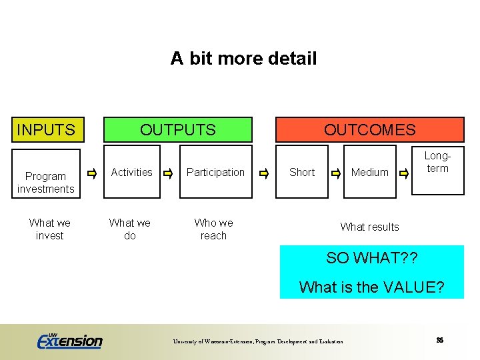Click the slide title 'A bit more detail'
tap(243, 59)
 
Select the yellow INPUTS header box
tap(46, 129)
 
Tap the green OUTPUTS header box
tap(177, 129)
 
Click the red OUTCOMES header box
tap(369, 129)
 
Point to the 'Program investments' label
tap(45, 183)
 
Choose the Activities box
tap(131, 172)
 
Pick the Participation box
tap(215, 172)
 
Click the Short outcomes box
tap(301, 172)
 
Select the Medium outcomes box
tap(369, 172)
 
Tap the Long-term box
tap(437, 163)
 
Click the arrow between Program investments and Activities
tap(92, 174)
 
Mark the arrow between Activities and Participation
tap(169, 174)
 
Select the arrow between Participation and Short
tap(264, 174)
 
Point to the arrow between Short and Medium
tap(337, 174)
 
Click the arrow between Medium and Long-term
tap(404, 174)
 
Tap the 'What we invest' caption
tap(49, 229)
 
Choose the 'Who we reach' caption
tap(213, 229)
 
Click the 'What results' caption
tap(369, 227)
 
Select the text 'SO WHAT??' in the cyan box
tap(371, 259)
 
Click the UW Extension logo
tap(70, 341)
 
